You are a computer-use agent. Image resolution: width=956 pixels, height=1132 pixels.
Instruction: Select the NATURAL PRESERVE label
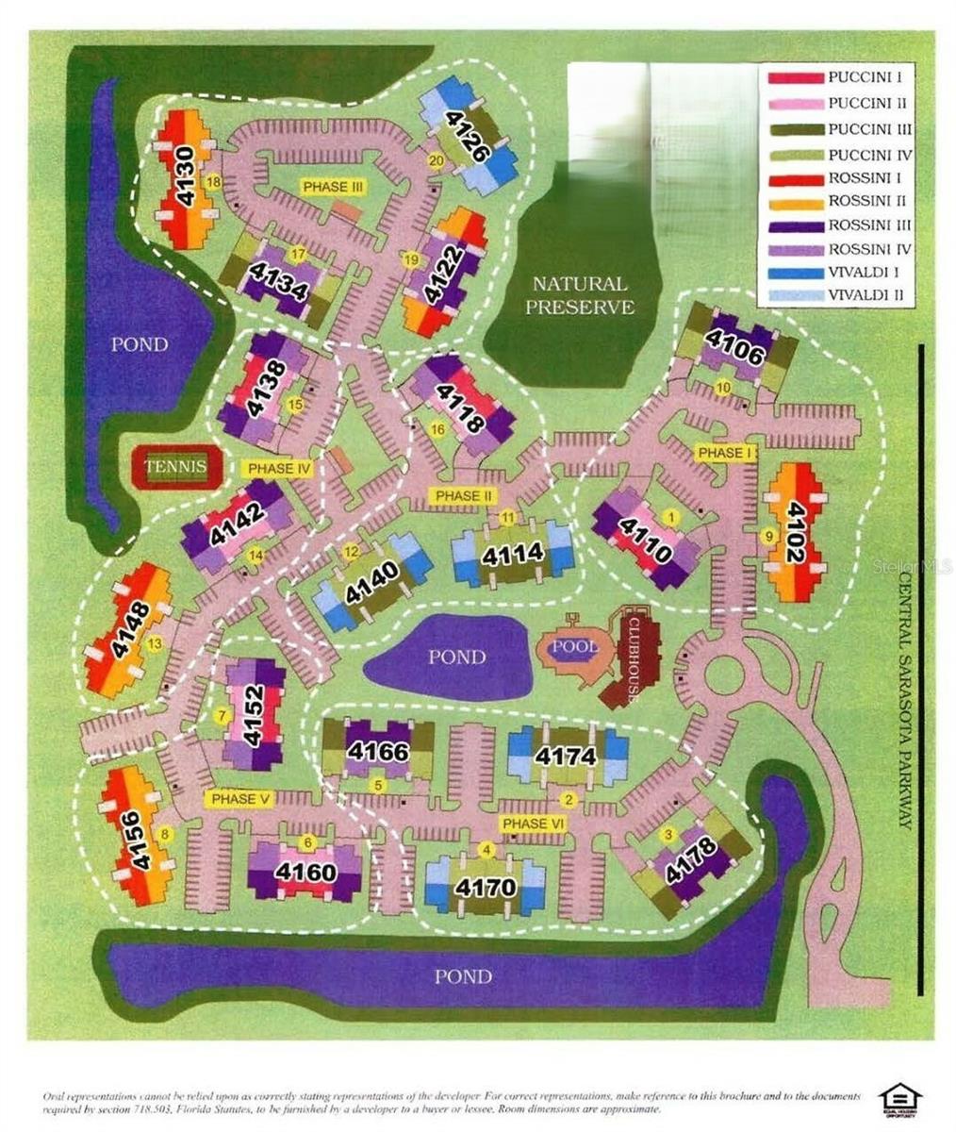pos(579,295)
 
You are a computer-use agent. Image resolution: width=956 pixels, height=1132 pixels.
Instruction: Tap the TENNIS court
pos(176,466)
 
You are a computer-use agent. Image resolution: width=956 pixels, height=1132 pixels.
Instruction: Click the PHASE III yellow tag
pos(333,187)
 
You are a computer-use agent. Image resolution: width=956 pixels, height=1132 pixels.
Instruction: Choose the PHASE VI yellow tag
pos(533,824)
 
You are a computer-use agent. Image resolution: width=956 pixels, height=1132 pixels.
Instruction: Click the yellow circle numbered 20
pos(436,161)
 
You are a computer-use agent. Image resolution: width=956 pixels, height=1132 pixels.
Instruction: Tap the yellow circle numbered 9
pos(766,536)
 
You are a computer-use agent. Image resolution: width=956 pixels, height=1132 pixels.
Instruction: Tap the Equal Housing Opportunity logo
pos(899,1100)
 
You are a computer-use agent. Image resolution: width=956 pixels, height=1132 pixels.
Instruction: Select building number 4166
pos(377,752)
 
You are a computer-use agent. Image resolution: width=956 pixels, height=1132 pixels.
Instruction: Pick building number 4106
pos(733,350)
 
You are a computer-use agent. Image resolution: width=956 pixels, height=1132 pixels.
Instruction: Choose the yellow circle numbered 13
pos(155,643)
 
